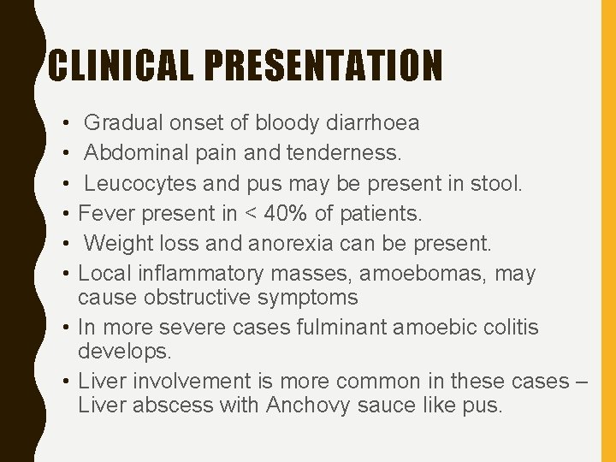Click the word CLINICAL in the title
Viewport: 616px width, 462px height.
click(117, 65)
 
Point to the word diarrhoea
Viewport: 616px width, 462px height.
click(373, 123)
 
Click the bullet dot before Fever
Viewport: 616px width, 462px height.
click(66, 214)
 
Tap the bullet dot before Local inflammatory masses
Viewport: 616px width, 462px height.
click(66, 274)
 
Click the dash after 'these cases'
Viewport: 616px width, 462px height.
click(578, 382)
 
